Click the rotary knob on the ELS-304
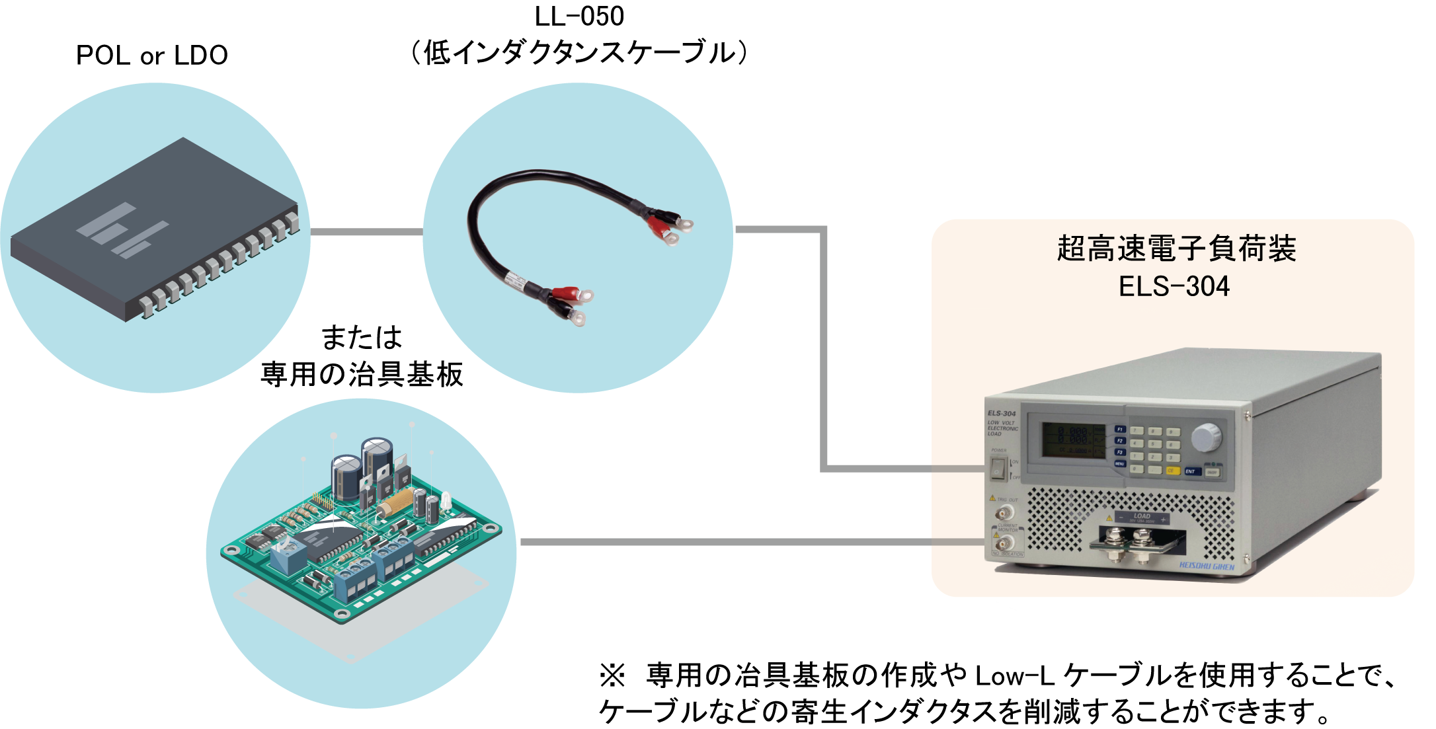[x=1206, y=437]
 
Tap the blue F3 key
[x=1120, y=452]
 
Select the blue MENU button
[x=1120, y=464]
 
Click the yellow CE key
[x=1172, y=471]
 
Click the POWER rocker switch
[x=997, y=469]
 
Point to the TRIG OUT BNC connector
[x=1006, y=513]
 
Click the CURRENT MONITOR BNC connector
[x=1005, y=543]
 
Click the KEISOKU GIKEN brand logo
[x=1207, y=566]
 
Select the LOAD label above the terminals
[x=1142, y=516]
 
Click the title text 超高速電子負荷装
[x=1176, y=249]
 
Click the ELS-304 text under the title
[x=1174, y=286]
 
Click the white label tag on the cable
[x=516, y=280]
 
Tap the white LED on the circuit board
[x=446, y=500]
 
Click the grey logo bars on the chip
[x=123, y=229]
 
